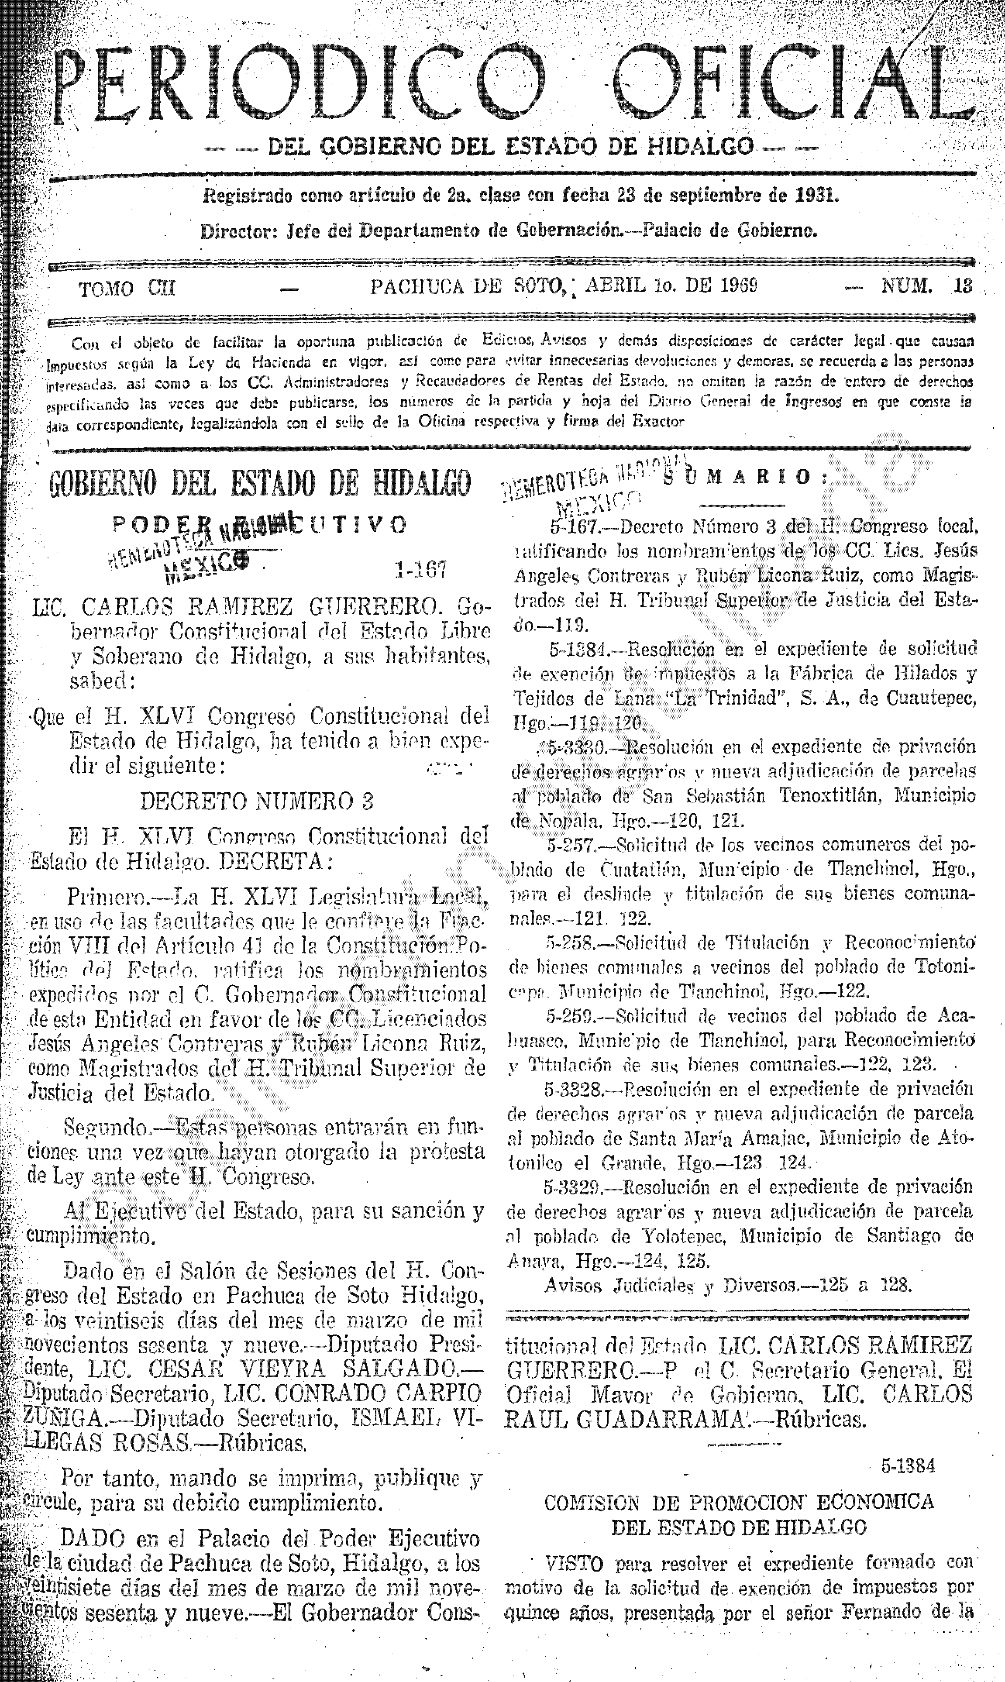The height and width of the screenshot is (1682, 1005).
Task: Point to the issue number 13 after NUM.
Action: click(x=962, y=286)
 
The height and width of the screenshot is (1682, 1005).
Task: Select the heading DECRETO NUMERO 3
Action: click(x=257, y=802)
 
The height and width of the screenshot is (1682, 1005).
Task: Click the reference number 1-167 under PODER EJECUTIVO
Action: click(x=420, y=569)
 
